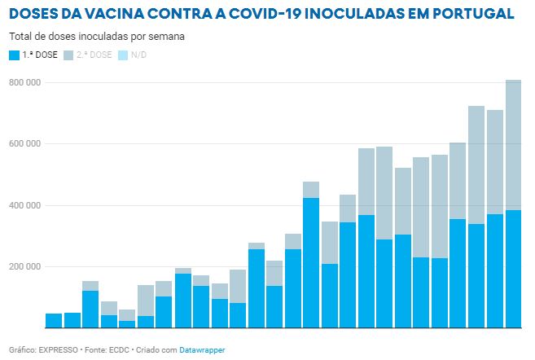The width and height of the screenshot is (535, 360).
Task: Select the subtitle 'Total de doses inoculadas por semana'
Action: [97, 37]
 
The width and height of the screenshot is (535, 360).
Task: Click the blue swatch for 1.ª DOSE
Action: [14, 55]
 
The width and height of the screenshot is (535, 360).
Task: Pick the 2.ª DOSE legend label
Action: [95, 55]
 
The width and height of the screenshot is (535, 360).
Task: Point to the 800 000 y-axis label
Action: [24, 83]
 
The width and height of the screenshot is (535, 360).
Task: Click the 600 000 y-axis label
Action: [24, 144]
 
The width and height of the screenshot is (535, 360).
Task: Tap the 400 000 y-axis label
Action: [24, 205]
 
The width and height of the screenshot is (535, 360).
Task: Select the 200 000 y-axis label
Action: [24, 266]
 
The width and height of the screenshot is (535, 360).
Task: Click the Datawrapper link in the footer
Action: [202, 349]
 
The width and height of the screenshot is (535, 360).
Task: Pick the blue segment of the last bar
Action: [513, 269]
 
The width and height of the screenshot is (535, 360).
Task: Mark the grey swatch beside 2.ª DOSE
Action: [68, 55]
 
